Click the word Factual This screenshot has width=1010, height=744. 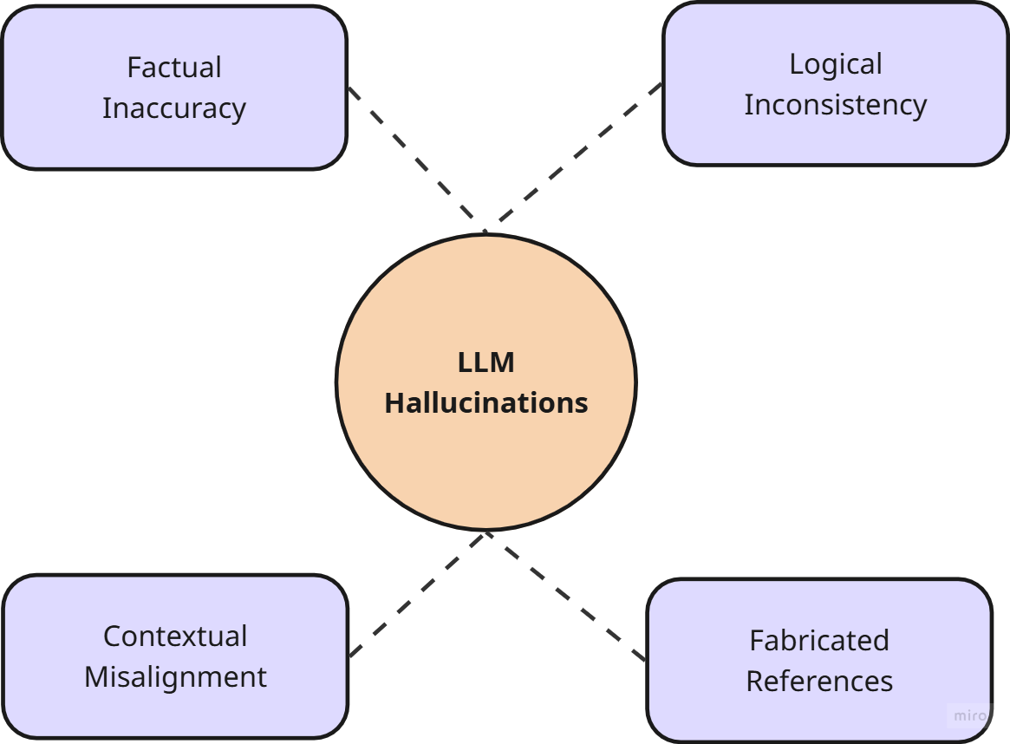pyautogui.click(x=174, y=67)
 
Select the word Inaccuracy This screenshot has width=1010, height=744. pyautogui.click(x=174, y=108)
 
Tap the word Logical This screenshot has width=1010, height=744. pyautogui.click(x=836, y=64)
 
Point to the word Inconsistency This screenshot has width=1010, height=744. pyautogui.click(x=836, y=105)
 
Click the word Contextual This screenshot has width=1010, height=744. pyautogui.click(x=175, y=636)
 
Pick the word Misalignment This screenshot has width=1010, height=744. pyautogui.click(x=175, y=677)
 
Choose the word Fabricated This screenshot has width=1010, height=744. pyautogui.click(x=819, y=640)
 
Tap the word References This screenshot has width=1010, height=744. pyautogui.click(x=819, y=682)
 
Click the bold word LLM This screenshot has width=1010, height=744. pyautogui.click(x=486, y=362)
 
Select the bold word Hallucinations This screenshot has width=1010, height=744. pyautogui.click(x=486, y=403)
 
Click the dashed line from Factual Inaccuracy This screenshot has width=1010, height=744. pyautogui.click(x=417, y=160)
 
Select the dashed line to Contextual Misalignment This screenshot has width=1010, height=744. pyautogui.click(x=417, y=594)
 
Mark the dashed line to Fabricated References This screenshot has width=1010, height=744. pyautogui.click(x=566, y=596)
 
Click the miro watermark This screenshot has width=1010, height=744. pyautogui.click(x=968, y=715)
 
